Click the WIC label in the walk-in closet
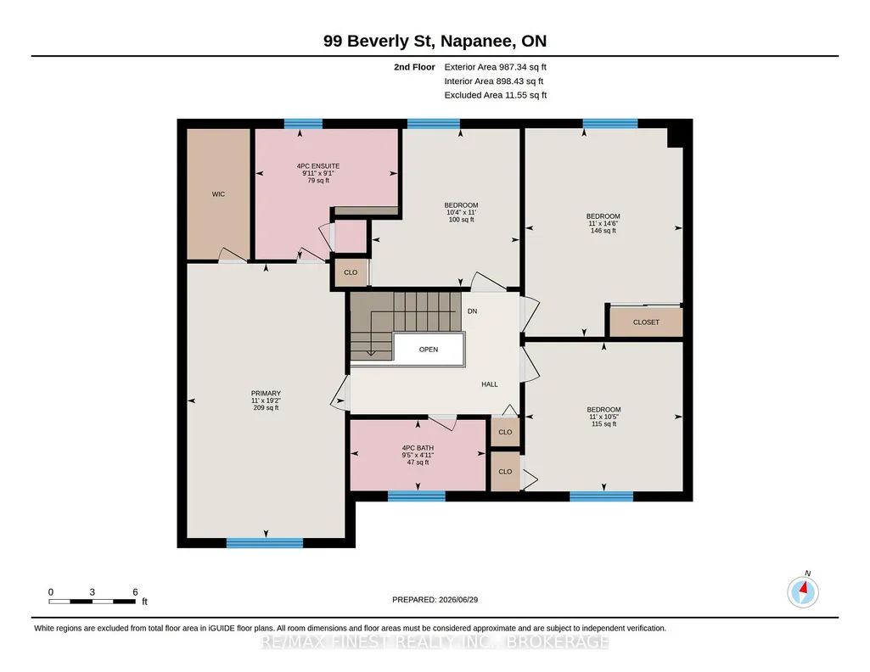tap(218, 194)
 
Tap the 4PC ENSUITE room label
tap(318, 165)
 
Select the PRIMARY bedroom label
tap(266, 393)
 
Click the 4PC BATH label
tap(418, 448)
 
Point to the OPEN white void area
tap(429, 350)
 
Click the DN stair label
tap(472, 311)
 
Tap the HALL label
tap(490, 384)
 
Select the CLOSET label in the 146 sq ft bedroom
tap(646, 322)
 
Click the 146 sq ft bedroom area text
tap(603, 231)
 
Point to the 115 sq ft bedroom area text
tap(603, 424)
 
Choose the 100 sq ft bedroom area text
tap(461, 220)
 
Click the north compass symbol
tap(803, 591)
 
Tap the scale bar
tap(93, 601)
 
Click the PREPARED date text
tap(435, 599)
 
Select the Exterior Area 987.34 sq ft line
tap(496, 67)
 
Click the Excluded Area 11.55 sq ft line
tap(496, 95)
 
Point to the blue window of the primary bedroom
tap(265, 543)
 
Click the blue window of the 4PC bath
tap(416, 496)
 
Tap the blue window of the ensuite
tap(304, 124)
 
